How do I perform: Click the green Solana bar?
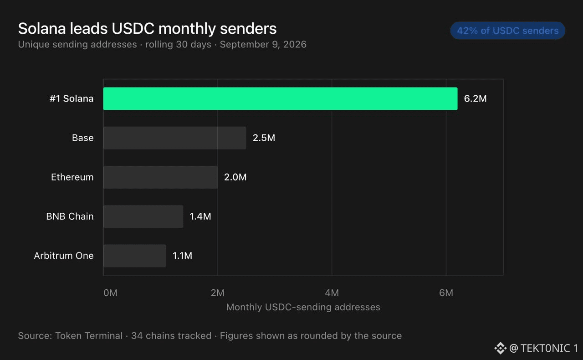[280, 98]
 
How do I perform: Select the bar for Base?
[174, 138]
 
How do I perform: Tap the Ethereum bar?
[160, 177]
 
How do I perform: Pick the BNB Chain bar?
[143, 216]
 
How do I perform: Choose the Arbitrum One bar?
[134, 256]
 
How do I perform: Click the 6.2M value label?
[475, 98]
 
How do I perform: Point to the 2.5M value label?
[264, 138]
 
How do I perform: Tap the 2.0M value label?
[235, 177]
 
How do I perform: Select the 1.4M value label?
[200, 216]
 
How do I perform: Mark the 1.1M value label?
[183, 256]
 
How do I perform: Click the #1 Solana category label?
[72, 98]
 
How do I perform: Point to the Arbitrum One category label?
[64, 256]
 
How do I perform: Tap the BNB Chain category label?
[70, 216]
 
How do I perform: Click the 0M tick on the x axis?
[110, 293]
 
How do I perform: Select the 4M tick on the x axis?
[332, 293]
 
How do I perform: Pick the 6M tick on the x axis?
[446, 293]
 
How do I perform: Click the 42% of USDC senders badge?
[508, 31]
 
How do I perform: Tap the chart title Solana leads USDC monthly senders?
[147, 28]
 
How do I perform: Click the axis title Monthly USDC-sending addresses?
[303, 307]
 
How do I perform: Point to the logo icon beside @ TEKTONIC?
[500, 348]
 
